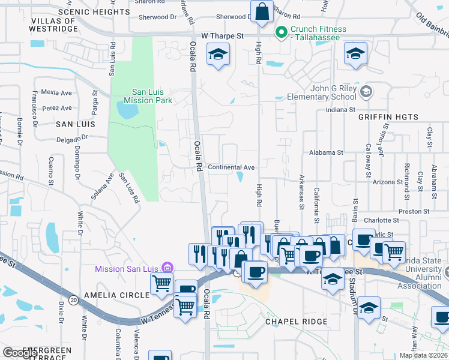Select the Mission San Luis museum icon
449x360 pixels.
tap(167, 268)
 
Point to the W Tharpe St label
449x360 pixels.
tap(223, 36)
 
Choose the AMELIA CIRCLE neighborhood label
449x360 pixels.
tap(116, 295)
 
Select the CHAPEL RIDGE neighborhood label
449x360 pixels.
tap(297, 322)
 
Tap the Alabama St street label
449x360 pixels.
tap(326, 153)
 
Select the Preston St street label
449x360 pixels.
tap(414, 212)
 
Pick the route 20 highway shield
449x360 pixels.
tap(73, 299)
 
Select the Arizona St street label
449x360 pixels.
tap(388, 182)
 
